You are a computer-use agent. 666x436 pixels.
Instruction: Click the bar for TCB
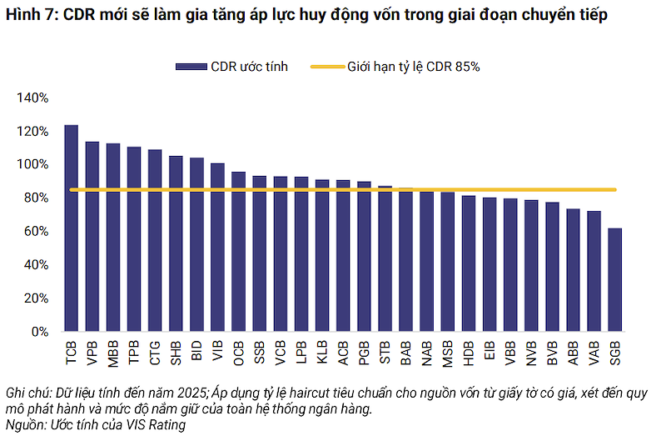tap(72, 228)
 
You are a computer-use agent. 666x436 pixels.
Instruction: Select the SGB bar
tap(614, 280)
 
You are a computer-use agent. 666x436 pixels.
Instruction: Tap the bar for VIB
tap(217, 247)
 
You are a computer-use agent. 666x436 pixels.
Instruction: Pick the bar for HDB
tap(469, 263)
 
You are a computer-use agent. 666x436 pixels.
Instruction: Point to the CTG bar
tap(155, 240)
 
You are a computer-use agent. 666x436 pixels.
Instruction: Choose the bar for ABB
tap(573, 270)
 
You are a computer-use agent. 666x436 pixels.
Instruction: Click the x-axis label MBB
tap(113, 353)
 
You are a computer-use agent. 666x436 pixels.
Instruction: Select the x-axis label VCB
tap(281, 353)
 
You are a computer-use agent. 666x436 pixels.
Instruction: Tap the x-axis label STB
tap(385, 353)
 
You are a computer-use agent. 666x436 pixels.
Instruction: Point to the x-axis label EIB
tap(490, 351)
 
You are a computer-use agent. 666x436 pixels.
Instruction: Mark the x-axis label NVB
tap(531, 353)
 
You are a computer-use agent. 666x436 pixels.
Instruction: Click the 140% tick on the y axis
tap(32, 98)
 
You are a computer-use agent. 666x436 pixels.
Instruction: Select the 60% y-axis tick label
tap(36, 232)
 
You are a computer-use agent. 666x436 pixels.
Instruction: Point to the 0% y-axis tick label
tap(40, 332)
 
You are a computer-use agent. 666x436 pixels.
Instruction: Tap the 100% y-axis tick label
tap(32, 164)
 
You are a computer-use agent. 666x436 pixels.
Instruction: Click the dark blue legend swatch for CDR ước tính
tap(191, 67)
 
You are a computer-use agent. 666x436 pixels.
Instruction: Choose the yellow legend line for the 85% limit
tap(327, 67)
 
